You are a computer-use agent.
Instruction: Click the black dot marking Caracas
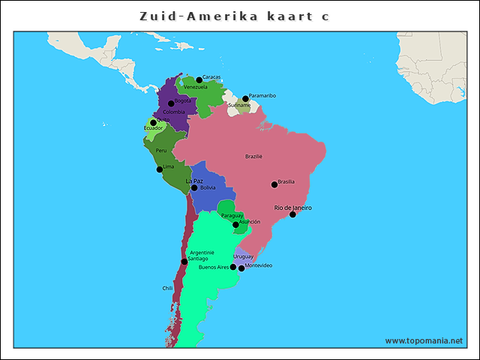click(x=199, y=79)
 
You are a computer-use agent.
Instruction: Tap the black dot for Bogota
click(x=171, y=103)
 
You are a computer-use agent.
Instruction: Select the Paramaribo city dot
click(x=245, y=98)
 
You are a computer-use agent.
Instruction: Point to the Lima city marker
click(x=159, y=169)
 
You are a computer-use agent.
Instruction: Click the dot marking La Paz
click(x=194, y=187)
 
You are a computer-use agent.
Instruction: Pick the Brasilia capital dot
click(x=274, y=184)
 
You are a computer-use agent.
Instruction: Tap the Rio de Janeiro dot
click(x=292, y=214)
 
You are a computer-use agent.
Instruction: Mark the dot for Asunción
click(x=235, y=224)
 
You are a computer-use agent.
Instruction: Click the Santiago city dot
click(x=184, y=262)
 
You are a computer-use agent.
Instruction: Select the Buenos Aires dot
click(x=233, y=267)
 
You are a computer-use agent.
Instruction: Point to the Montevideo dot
click(x=241, y=268)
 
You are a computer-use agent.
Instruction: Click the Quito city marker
click(x=153, y=122)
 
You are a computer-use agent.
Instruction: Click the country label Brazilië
click(x=253, y=157)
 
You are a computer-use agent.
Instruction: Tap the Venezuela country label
click(x=195, y=87)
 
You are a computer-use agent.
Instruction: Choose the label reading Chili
click(x=167, y=288)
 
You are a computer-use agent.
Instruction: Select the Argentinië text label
click(x=202, y=252)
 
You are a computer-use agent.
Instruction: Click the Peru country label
click(x=161, y=150)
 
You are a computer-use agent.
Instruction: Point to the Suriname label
click(x=239, y=105)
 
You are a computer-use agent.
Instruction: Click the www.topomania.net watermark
click(x=424, y=340)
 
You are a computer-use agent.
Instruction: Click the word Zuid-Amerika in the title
click(x=199, y=16)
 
